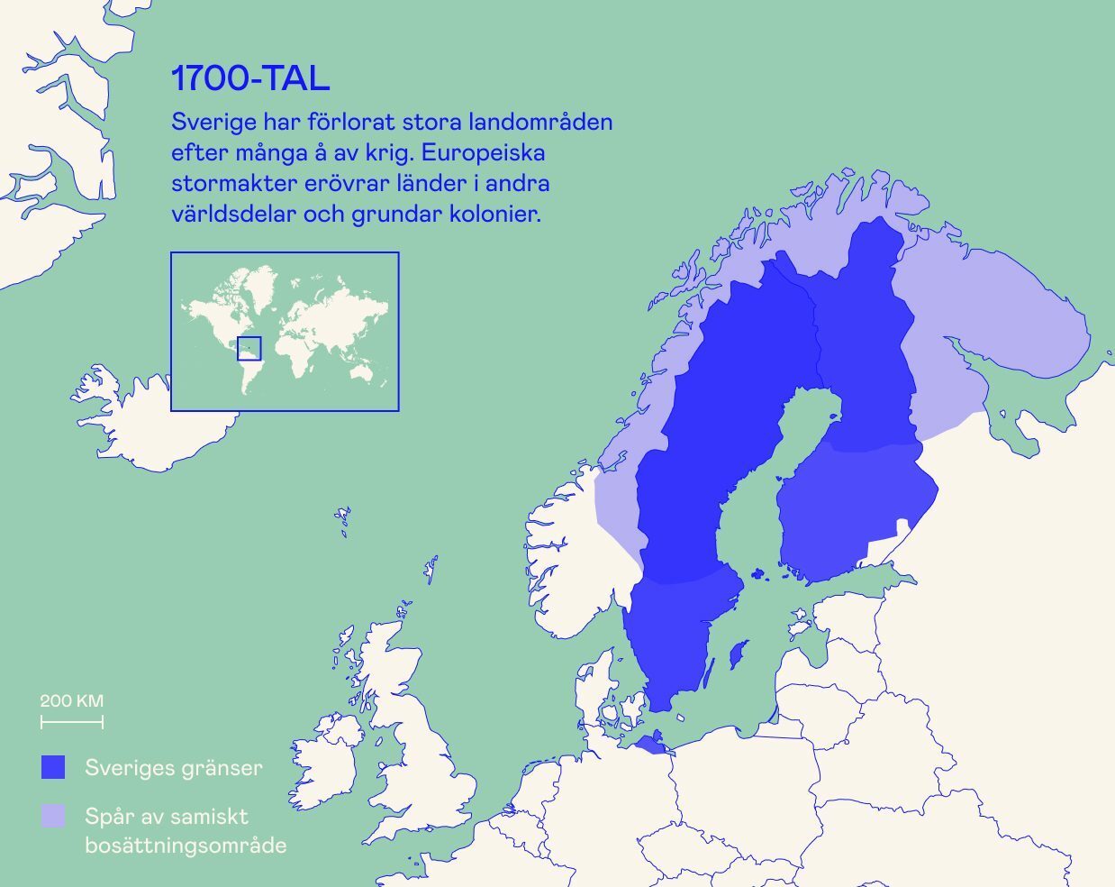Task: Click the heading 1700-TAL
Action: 250,79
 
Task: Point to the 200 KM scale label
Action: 71,700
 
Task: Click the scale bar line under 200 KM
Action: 71,721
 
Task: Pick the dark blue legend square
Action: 53,767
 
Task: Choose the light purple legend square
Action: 53,816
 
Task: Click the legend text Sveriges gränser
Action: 174,768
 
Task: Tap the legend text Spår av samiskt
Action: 167,817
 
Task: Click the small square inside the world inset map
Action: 249,348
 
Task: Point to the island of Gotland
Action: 738,653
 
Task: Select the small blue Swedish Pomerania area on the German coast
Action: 652,744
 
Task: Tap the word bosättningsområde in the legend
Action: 186,846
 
